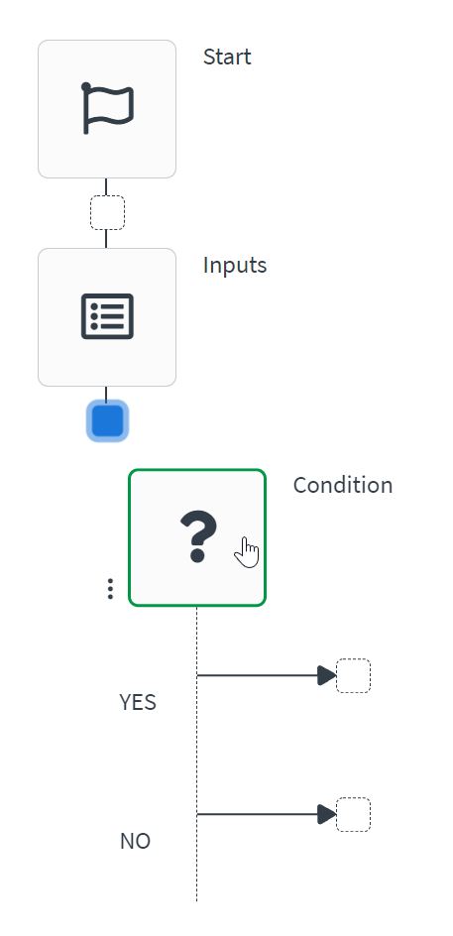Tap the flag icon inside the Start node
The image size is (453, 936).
point(107,108)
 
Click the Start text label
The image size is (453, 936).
point(227,57)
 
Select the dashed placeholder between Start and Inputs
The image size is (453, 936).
point(107,212)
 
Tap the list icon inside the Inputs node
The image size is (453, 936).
point(107,316)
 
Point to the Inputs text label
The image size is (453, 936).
point(235,265)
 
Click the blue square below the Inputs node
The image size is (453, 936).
point(107,420)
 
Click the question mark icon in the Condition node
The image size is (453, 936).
point(197,537)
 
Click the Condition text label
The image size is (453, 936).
point(343,485)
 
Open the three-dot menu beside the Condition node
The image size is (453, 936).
point(110,589)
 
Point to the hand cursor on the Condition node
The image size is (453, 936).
point(247,553)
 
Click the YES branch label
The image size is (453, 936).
point(138,702)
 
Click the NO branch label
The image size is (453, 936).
point(135,841)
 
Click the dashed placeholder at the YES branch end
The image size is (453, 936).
point(353,675)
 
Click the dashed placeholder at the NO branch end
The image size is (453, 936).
point(353,814)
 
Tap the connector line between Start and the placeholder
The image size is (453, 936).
point(106,186)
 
